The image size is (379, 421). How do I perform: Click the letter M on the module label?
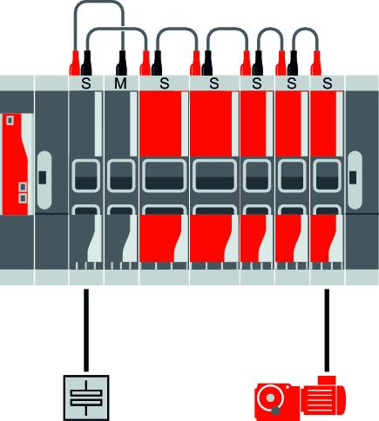(x=120, y=84)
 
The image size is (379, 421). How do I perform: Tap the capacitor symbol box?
(x=86, y=398)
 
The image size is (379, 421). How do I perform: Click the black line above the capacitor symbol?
(x=86, y=331)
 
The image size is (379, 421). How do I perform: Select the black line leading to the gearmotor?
(x=327, y=331)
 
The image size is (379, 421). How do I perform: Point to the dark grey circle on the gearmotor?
(x=275, y=411)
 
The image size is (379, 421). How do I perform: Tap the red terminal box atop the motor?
(x=327, y=380)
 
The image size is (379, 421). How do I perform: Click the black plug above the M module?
(x=122, y=63)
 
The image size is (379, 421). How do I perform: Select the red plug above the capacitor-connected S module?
(x=75, y=63)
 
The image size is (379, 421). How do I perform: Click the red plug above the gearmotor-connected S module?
(x=316, y=63)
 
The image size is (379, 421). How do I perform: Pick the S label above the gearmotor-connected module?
(x=328, y=84)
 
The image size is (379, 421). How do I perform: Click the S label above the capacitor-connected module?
(x=86, y=84)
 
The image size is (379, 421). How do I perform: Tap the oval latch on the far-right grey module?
(x=355, y=180)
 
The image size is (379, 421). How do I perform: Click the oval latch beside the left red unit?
(x=44, y=180)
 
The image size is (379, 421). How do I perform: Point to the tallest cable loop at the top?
(x=98, y=3)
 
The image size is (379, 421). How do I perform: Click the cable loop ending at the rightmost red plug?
(x=305, y=29)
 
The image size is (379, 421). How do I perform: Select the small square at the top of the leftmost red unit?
(x=10, y=120)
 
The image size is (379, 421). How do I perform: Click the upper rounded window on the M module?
(x=121, y=176)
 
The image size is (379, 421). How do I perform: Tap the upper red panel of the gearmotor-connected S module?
(x=323, y=124)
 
